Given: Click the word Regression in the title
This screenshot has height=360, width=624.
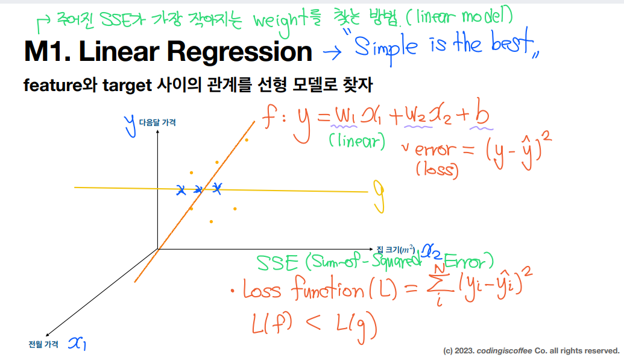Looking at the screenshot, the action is (239, 52).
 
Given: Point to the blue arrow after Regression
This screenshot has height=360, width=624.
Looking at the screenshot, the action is (332, 52).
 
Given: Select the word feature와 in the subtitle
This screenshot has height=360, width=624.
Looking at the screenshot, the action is (60, 85).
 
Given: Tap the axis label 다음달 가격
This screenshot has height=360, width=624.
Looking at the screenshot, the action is (157, 122).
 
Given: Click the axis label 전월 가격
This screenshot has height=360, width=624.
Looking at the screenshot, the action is (43, 344).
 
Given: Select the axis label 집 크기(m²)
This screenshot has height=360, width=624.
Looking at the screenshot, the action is (396, 250).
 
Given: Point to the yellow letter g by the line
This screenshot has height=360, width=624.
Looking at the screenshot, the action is (379, 196).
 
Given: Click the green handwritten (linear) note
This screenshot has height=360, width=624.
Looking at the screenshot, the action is (357, 141).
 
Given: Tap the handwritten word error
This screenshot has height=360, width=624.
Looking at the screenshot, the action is (435, 150).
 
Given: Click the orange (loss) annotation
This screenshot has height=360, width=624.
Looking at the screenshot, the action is (437, 169).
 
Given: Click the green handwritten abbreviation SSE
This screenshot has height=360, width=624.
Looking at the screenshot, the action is (277, 264).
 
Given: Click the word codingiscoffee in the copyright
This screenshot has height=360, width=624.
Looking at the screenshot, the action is (504, 351).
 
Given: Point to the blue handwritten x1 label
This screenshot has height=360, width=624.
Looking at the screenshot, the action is (77, 343).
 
